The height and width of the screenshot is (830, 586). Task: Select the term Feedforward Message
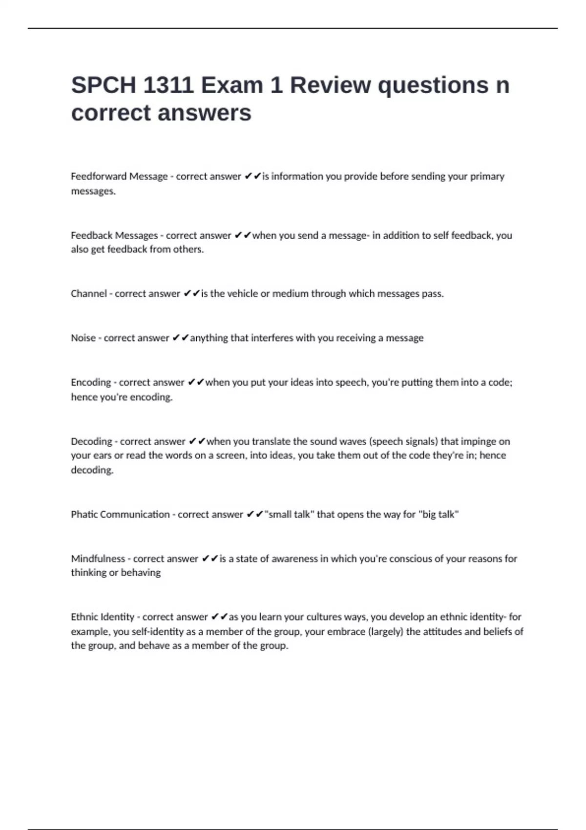[x=119, y=176]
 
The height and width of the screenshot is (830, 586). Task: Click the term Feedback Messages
[x=114, y=235]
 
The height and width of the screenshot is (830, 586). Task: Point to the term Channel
[x=89, y=293]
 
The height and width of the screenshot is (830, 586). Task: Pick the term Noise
[x=83, y=338]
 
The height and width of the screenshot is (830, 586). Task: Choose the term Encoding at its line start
[x=91, y=382]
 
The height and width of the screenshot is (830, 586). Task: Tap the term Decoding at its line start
[x=91, y=441]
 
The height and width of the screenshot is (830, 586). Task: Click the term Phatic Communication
[x=120, y=514]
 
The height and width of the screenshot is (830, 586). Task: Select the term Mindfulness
[x=98, y=559]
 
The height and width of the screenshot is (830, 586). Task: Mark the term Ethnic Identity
[x=103, y=617]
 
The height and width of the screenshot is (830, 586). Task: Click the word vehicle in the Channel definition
[x=242, y=293]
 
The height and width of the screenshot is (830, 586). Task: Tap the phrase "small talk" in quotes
[x=289, y=514]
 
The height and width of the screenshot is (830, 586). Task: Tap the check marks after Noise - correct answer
[x=180, y=338]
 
